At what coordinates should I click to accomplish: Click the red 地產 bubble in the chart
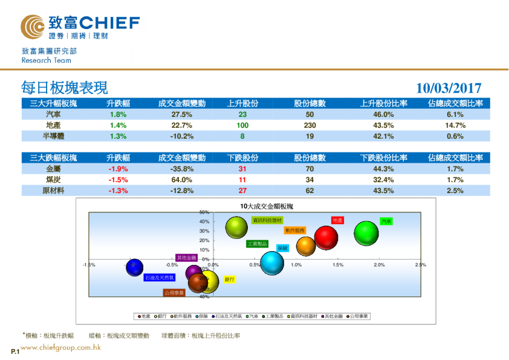tap(326, 234)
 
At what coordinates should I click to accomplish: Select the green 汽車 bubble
tap(366, 234)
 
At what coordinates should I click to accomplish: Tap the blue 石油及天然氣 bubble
tap(134, 267)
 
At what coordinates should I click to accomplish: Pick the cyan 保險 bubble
tap(272, 263)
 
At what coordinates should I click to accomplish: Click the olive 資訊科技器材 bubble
tap(237, 227)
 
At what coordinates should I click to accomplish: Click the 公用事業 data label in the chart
tap(174, 292)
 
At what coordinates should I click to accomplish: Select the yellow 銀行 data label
tap(229, 280)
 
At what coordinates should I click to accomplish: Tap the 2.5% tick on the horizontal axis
tap(420, 265)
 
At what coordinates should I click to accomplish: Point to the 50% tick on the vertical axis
tap(204, 212)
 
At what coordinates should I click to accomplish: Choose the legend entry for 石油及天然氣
tap(227, 316)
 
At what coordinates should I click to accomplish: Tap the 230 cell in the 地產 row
tap(310, 125)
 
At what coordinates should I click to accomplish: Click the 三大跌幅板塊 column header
tap(53, 158)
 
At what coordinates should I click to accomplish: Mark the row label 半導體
tap(53, 136)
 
